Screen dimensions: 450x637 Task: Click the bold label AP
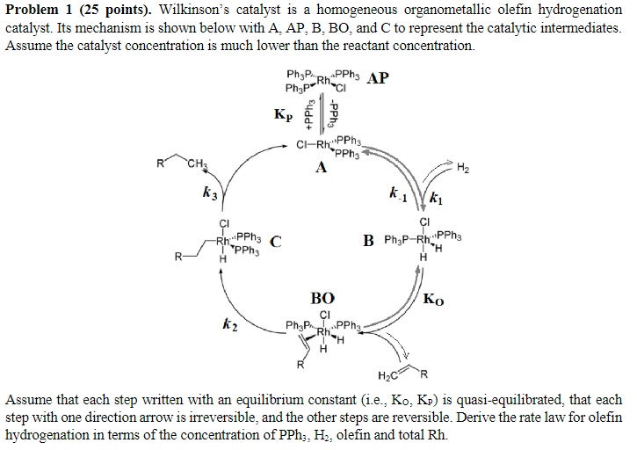(x=379, y=78)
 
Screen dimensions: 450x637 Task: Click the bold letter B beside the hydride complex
(x=369, y=239)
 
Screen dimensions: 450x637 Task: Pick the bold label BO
(x=322, y=298)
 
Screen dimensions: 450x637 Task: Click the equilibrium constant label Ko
(x=433, y=300)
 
